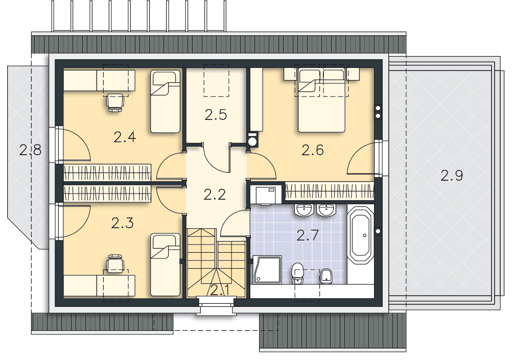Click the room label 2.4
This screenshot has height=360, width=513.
(x=125, y=137)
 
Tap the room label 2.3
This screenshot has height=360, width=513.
(x=122, y=223)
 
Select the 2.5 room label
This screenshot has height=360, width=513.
(x=216, y=115)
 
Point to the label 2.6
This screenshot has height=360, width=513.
(x=312, y=150)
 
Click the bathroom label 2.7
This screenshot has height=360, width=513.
(x=308, y=235)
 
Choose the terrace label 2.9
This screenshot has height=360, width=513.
(x=452, y=176)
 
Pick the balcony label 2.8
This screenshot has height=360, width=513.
(x=30, y=150)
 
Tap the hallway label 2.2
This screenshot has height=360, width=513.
(x=215, y=195)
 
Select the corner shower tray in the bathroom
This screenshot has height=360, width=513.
(x=267, y=270)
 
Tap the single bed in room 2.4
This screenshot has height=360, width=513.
(x=165, y=102)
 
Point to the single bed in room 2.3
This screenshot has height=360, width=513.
(x=165, y=265)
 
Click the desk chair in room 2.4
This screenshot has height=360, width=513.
(x=115, y=102)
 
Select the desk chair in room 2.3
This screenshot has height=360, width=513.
(x=115, y=263)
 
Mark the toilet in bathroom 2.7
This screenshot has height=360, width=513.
(x=298, y=274)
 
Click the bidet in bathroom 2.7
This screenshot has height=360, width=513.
(x=326, y=277)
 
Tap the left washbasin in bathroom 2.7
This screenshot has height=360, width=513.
(x=304, y=210)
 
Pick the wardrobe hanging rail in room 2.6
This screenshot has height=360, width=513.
(x=330, y=191)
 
